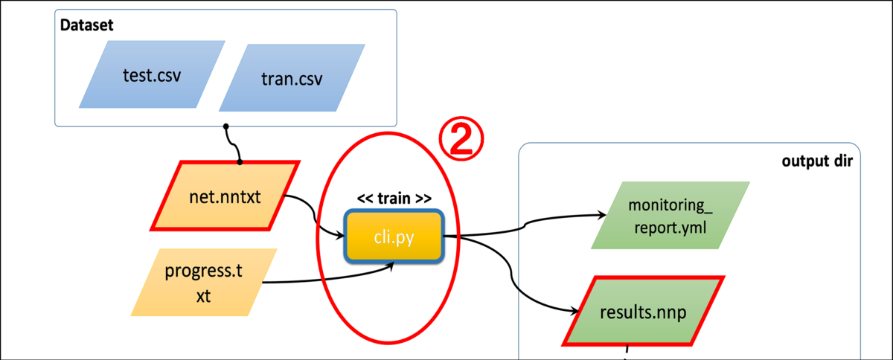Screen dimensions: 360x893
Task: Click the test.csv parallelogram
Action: point(152,75)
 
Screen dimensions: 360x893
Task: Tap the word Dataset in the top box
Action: point(87,25)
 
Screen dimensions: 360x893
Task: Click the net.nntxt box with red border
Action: point(225,196)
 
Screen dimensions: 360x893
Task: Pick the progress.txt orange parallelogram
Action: point(203,282)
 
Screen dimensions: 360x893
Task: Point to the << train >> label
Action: point(394,199)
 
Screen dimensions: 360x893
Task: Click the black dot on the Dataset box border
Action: point(225,126)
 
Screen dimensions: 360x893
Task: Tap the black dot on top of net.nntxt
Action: point(240,161)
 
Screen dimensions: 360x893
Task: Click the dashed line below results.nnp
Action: point(627,350)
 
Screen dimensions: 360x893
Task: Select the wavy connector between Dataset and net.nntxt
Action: point(232,144)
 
